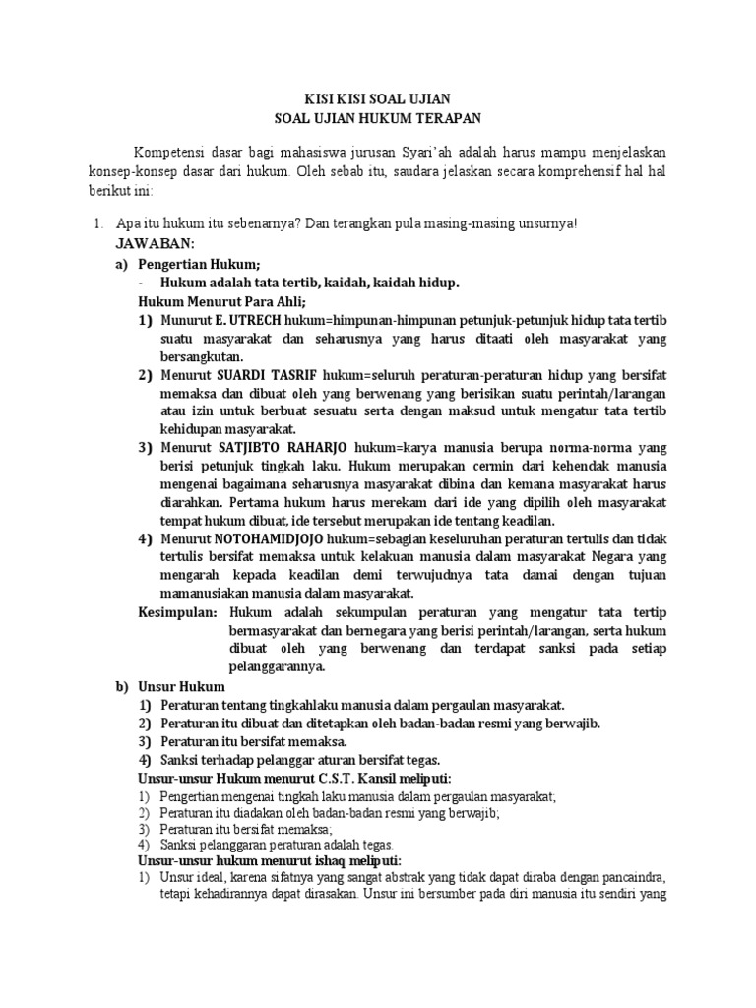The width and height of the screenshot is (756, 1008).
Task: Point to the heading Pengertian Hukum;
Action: click(200, 263)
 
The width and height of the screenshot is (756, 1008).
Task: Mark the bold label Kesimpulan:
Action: click(177, 611)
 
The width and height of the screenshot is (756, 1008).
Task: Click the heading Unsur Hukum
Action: click(182, 685)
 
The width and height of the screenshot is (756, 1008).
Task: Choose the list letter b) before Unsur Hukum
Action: click(122, 685)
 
